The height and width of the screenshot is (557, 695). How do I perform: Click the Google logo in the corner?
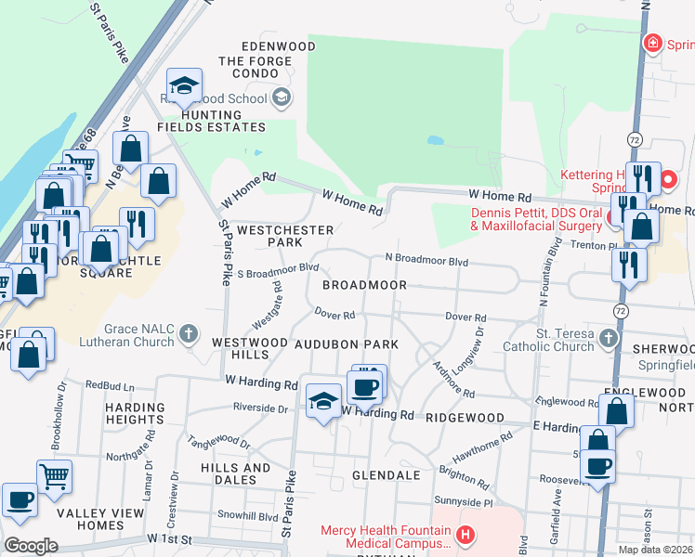(31, 546)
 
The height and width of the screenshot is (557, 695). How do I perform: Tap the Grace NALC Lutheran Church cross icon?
(189, 332)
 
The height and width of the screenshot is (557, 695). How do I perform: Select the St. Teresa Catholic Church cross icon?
(609, 338)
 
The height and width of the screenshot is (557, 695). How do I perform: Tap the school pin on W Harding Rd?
(322, 401)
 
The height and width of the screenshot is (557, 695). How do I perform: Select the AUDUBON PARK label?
(347, 343)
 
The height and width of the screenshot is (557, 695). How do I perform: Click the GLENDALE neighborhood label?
(386, 475)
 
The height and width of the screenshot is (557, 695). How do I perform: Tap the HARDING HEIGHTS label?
(135, 413)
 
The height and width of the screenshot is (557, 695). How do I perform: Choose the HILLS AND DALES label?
(221, 473)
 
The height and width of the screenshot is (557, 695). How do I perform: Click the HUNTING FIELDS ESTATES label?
(211, 120)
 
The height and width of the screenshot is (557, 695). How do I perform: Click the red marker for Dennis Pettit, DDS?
(613, 217)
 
